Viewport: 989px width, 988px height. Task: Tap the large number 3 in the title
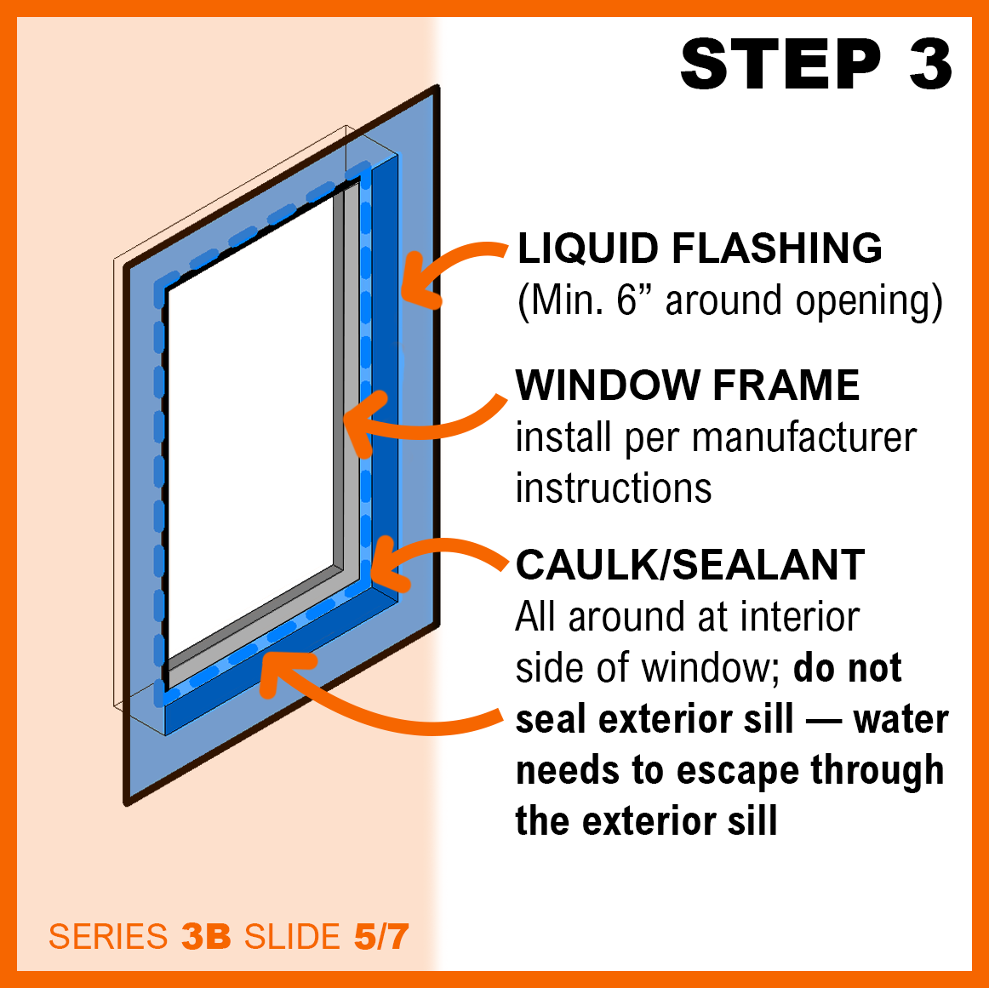point(929,64)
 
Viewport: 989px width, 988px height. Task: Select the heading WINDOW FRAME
point(688,385)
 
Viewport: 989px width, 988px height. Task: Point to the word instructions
point(614,488)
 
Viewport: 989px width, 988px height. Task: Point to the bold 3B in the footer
point(206,936)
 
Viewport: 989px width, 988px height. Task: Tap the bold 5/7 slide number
point(381,936)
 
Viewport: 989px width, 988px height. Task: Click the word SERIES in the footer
point(108,936)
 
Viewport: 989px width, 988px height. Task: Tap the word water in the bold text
point(900,720)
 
